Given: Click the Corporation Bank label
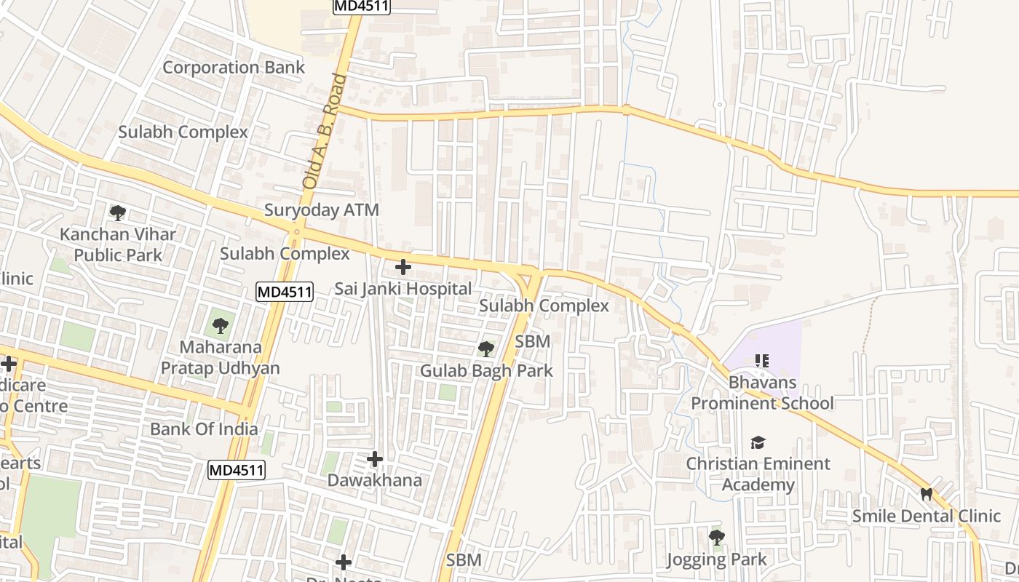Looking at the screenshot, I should pos(234,68).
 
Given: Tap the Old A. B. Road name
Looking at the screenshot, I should pos(325,131).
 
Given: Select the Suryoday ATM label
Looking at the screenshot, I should pos(322,210).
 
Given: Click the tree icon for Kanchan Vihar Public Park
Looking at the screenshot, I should pos(117,213).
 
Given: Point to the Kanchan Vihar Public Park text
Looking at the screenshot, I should pos(118,245).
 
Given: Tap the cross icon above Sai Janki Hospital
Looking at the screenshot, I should pos(403,267).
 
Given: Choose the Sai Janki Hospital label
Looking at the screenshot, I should pos(403,289).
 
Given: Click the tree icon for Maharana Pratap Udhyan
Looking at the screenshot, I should pos(220,325).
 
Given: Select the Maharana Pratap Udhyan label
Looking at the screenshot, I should pos(220,357).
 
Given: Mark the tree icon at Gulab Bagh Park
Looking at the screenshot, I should pos(485,349).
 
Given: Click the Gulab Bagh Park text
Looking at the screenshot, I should pos(486,370).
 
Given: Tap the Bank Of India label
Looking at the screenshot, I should pos(204,428).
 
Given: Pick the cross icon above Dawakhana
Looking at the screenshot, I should pos(375,459).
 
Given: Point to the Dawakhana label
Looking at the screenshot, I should pos(374,480).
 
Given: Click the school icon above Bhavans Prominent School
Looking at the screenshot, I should pos(762,361).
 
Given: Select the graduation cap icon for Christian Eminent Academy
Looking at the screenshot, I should pos(758,442).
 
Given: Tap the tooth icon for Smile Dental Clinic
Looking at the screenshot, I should pos(927,495).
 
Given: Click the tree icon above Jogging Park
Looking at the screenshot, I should pos(717,538).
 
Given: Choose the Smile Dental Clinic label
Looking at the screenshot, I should pos(927,516).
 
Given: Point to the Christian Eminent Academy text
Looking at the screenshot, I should pos(758,474).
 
